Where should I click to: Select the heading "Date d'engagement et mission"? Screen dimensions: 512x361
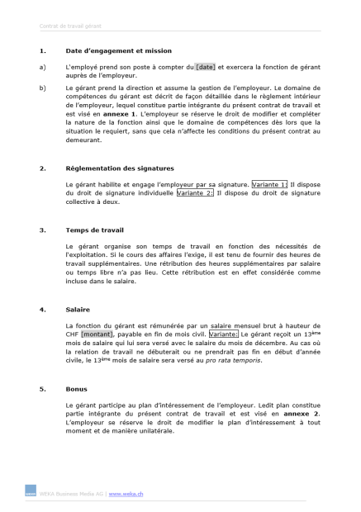click(x=118, y=50)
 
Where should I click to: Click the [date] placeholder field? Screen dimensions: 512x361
click(x=205, y=66)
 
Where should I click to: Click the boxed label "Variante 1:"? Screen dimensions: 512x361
click(x=270, y=184)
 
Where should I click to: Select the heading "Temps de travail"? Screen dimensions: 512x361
click(x=94, y=230)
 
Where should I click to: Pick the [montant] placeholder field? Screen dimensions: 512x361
click(x=97, y=334)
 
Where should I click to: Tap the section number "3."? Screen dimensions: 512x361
click(x=42, y=230)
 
